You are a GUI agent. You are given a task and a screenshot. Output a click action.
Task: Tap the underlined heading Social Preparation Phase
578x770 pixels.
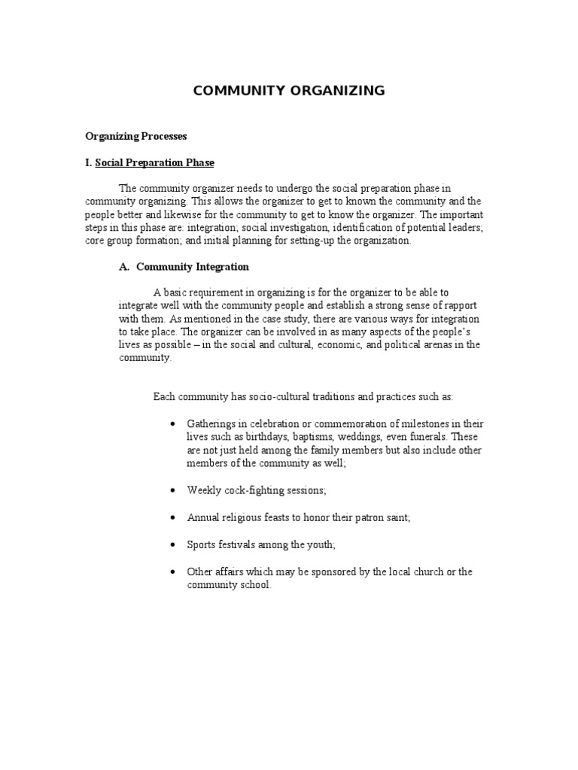(x=154, y=162)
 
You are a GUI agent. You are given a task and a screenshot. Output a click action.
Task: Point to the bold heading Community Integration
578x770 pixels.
(x=192, y=267)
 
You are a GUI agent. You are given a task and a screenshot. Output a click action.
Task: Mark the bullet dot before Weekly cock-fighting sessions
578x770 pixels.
(x=172, y=490)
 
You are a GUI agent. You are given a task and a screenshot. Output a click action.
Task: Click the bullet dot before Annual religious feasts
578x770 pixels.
(x=172, y=518)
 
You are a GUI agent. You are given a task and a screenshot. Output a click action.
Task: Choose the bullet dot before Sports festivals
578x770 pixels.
(x=172, y=544)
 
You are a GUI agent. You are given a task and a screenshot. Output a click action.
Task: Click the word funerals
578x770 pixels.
(x=421, y=437)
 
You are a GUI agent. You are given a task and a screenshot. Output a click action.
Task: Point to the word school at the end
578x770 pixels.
(x=254, y=585)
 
